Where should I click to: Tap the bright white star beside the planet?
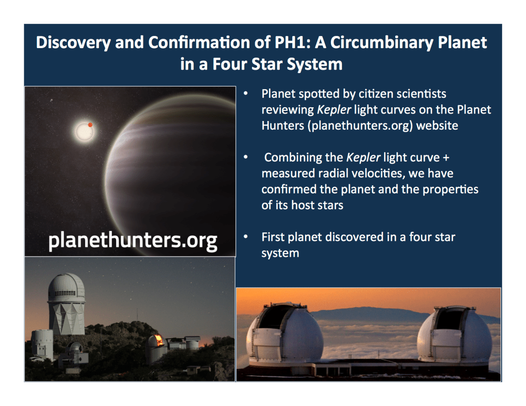(82, 132)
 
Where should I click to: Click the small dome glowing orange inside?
(156, 343)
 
